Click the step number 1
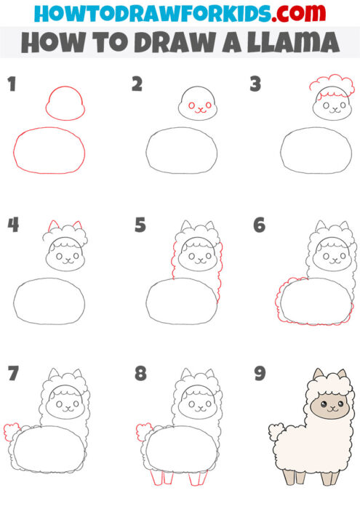pyautogui.click(x=11, y=85)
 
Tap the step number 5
pyautogui.click(x=140, y=225)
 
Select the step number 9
pyautogui.click(x=259, y=373)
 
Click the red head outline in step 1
pyautogui.click(x=65, y=102)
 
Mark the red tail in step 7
pyautogui.click(x=11, y=430)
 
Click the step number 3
pyautogui.click(x=255, y=85)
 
